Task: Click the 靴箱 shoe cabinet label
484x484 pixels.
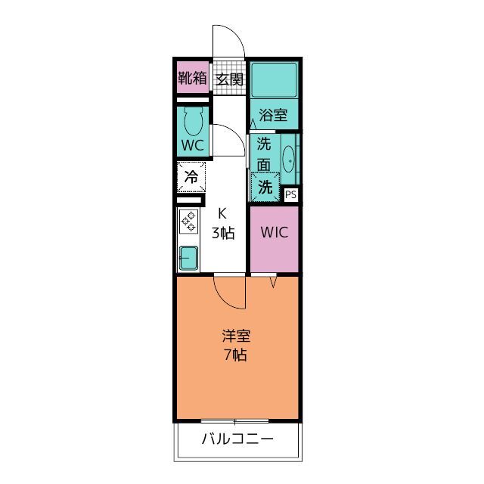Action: [x=192, y=78]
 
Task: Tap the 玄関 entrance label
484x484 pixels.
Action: [x=229, y=79]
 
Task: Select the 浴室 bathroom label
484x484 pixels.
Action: [x=273, y=115]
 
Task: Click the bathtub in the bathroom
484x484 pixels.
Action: [x=274, y=80]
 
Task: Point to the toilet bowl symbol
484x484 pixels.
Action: [x=194, y=121]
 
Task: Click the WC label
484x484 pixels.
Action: [x=193, y=145]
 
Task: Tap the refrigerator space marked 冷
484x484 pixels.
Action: [x=191, y=177]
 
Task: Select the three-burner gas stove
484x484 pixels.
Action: [x=188, y=222]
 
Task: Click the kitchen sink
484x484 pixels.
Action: [x=188, y=258]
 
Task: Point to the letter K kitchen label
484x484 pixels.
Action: [x=222, y=213]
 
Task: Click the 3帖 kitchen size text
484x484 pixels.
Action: [x=223, y=233]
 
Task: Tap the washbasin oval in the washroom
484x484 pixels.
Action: [x=289, y=159]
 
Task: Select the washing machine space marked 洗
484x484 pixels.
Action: [x=265, y=187]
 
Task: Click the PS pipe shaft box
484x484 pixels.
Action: [x=290, y=195]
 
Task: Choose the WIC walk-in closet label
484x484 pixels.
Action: [x=275, y=232]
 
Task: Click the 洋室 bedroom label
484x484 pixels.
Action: [x=236, y=336]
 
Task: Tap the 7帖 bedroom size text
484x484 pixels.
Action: [x=235, y=355]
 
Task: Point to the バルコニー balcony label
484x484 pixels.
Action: [x=237, y=439]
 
